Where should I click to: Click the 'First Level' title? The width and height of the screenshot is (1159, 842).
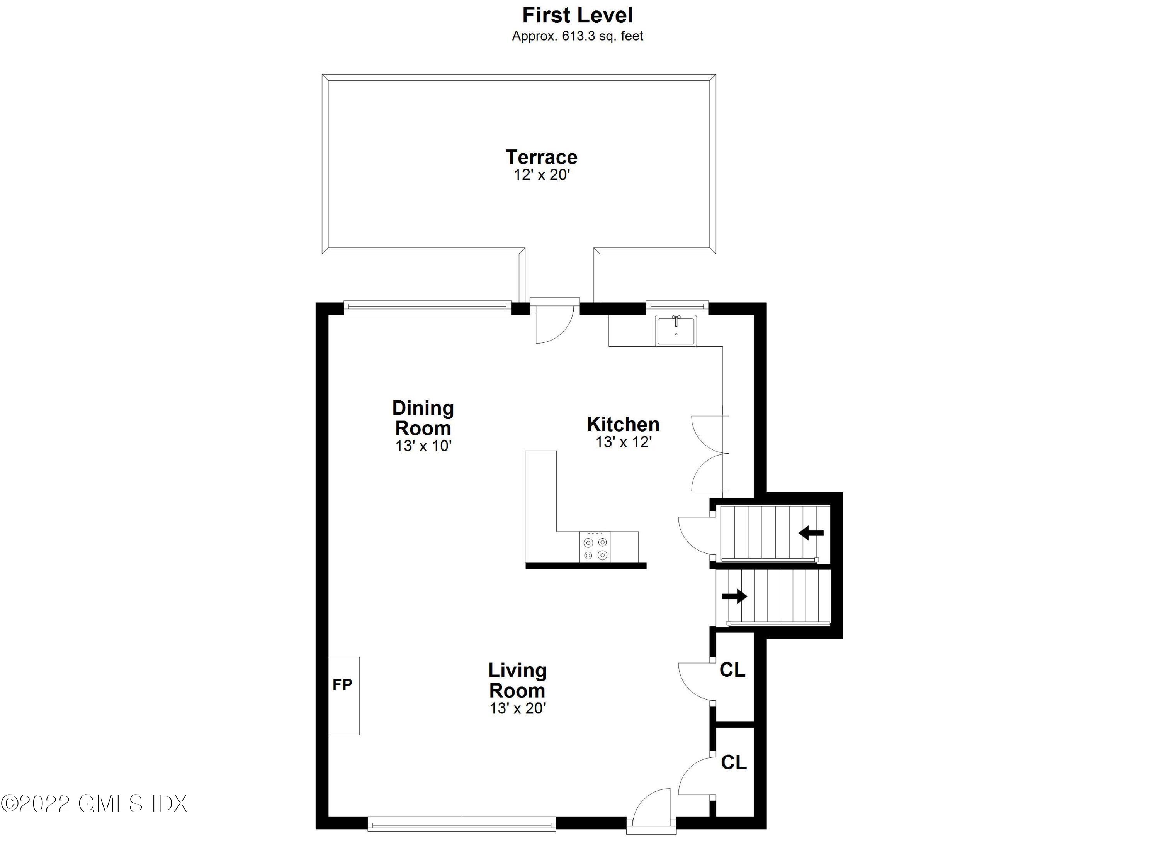[578, 15]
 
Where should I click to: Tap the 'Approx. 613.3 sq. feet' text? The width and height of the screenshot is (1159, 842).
[578, 36]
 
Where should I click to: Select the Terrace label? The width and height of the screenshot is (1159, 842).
[541, 157]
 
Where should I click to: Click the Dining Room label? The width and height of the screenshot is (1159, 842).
[423, 418]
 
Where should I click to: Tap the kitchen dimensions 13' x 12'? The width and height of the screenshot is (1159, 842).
[624, 442]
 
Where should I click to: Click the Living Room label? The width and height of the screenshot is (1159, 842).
[517, 680]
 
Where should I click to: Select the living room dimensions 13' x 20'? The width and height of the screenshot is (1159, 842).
[518, 708]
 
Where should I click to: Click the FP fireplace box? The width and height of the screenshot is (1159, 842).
[343, 696]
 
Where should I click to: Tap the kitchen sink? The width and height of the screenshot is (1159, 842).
[676, 330]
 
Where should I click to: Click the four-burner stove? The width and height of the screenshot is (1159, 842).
[595, 547]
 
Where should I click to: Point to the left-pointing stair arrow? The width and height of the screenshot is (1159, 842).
[811, 534]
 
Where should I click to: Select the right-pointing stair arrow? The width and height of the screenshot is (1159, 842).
[734, 596]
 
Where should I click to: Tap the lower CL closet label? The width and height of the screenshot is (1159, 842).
[734, 763]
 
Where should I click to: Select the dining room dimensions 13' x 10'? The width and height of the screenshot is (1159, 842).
[423, 446]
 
